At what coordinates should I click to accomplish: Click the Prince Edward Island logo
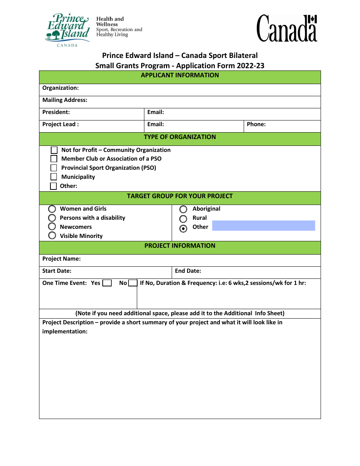(x=67, y=30)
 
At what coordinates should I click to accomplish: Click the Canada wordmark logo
(x=287, y=28)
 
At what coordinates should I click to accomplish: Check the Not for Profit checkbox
(x=54, y=150)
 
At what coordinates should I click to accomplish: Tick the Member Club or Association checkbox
(x=54, y=159)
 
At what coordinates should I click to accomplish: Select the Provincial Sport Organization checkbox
(x=54, y=168)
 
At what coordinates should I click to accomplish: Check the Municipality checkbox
(x=54, y=177)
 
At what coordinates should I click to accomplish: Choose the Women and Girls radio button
(x=52, y=209)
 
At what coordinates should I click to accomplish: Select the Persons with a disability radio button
(x=52, y=218)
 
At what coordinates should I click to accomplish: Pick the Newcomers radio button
(x=52, y=227)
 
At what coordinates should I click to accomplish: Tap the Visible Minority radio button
(x=52, y=236)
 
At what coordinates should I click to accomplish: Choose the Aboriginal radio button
(x=183, y=209)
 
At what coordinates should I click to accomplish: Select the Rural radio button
(x=183, y=219)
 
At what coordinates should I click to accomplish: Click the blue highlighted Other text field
(x=263, y=226)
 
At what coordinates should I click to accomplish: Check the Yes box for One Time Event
(x=107, y=283)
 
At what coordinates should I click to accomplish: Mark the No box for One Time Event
(x=133, y=283)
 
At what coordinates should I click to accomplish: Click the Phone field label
(x=256, y=124)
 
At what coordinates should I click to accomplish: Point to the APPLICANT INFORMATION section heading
(x=180, y=75)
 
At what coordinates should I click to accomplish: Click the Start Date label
(x=57, y=271)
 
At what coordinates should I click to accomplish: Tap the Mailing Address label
(x=65, y=100)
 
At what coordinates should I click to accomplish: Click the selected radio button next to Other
(x=183, y=228)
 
